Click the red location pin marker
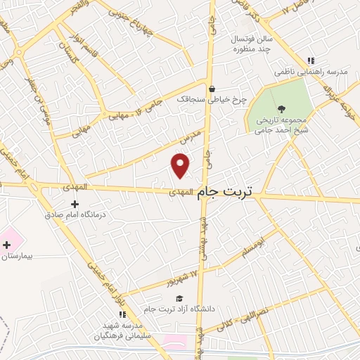coord(181,165)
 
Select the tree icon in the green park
coord(282,109)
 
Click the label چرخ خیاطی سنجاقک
coord(210,100)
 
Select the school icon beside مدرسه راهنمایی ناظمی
coord(311,60)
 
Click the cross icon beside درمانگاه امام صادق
coord(74,204)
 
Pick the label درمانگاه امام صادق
coord(74,215)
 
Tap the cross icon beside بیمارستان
coord(7,245)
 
